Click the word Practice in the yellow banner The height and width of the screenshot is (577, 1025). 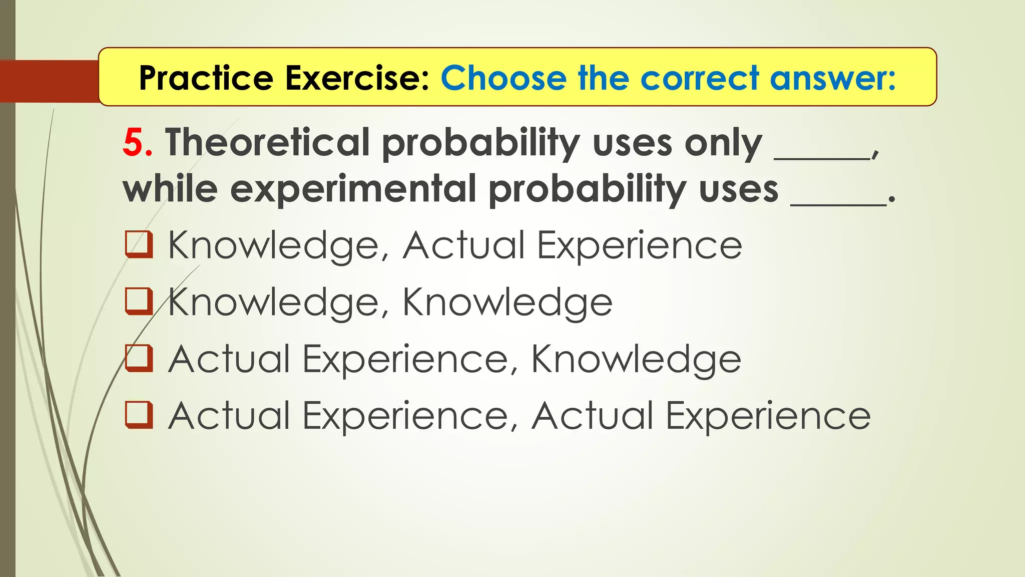[206, 78]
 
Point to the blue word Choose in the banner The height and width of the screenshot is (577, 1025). [503, 78]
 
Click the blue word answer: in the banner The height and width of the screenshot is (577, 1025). [832, 78]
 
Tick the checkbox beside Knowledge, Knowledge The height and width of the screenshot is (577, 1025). [138, 301]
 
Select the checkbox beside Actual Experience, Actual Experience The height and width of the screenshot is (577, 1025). [138, 415]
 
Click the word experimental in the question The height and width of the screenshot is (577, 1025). [353, 189]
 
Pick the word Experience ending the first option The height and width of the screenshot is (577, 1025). [639, 245]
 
